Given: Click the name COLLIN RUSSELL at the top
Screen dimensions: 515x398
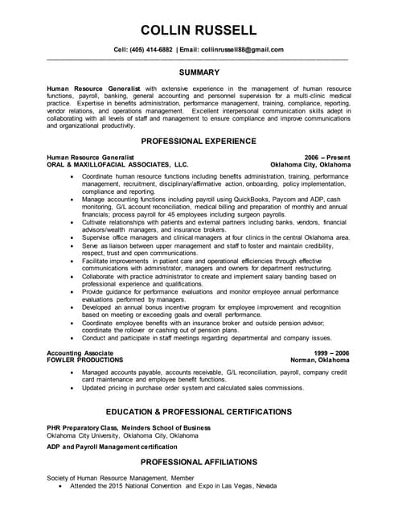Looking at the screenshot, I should [199, 31].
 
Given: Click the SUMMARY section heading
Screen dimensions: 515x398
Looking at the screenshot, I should [199, 72].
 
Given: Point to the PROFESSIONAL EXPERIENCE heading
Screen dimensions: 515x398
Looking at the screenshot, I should [199, 140].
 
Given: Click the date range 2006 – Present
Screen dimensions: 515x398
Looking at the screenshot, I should [327, 157].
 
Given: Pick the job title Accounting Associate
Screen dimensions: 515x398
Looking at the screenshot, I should [80, 353].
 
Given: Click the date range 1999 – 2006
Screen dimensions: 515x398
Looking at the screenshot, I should [330, 353].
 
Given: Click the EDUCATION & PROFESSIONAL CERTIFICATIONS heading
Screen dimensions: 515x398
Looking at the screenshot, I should [199, 411].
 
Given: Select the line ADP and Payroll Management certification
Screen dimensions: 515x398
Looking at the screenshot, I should [112, 446].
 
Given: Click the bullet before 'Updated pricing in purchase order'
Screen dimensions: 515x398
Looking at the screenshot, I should [73, 389].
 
